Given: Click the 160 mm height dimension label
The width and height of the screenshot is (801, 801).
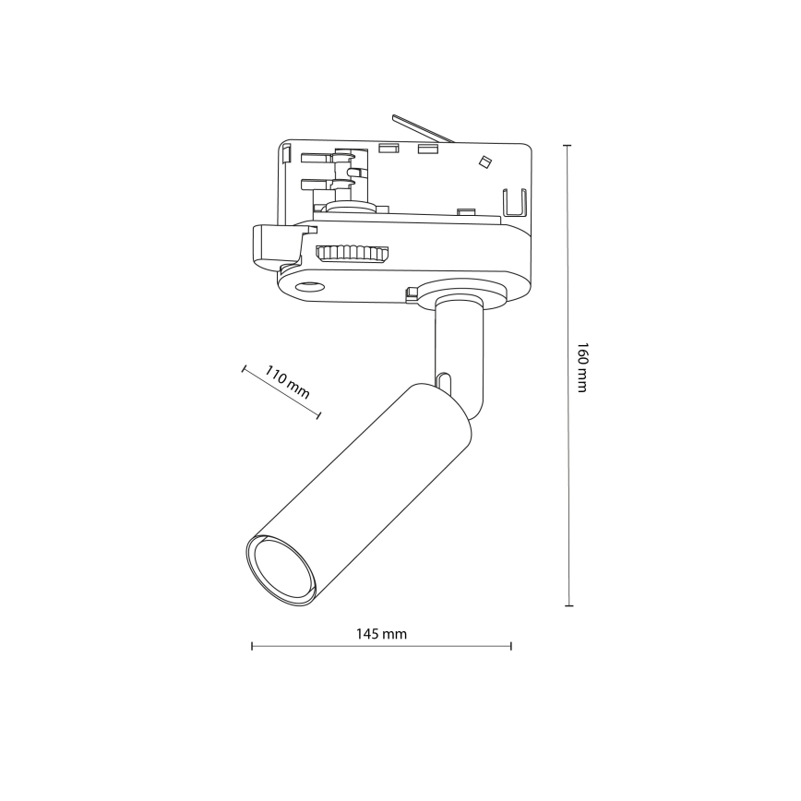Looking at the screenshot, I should [581, 368].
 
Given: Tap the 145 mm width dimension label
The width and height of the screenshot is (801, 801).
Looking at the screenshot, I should [381, 634].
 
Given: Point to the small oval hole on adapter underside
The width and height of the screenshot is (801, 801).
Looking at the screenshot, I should [306, 288].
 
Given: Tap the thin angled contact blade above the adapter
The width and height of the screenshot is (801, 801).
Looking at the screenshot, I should [422, 128].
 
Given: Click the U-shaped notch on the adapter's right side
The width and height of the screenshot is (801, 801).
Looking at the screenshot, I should [513, 202].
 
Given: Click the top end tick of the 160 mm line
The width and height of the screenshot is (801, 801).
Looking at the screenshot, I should [568, 146].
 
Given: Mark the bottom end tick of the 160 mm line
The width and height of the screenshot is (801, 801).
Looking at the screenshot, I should [568, 605].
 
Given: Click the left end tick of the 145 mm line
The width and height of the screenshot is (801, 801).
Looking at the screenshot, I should [252, 646].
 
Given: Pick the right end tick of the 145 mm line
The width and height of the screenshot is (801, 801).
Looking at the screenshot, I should [511, 646].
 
